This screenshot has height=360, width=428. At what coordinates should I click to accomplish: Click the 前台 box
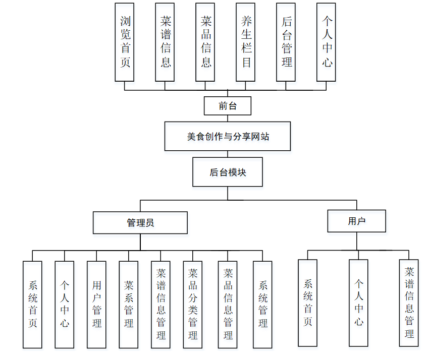pos(227,106)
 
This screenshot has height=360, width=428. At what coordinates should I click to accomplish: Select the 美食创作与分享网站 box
pos(227,136)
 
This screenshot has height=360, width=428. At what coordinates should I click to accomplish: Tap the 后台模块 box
pos(227,172)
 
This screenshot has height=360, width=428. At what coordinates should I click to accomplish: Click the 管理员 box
pos(140,222)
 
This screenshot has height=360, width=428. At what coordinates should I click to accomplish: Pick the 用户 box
pos(356,221)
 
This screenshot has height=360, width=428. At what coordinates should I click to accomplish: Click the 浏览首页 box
pos(125,42)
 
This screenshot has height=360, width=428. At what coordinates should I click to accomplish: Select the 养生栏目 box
pos(246,42)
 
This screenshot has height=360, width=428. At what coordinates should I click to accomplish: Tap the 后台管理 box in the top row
pos(286,42)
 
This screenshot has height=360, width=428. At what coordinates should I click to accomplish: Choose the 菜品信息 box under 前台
pos(205,42)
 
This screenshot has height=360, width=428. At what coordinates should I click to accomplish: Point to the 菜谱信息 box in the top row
pos(165,42)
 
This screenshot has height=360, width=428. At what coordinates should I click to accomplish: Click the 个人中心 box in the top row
pos(327,42)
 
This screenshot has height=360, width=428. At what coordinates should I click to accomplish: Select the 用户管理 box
pos(96,305)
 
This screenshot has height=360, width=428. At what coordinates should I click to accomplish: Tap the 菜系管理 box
pos(129,305)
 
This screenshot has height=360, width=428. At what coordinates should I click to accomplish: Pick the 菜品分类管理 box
pos(192,305)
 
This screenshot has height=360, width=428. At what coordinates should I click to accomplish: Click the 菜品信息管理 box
pos(228,305)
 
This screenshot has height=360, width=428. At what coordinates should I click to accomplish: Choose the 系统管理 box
pos(262,305)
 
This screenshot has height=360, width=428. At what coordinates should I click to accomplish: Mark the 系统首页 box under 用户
pos(307,303)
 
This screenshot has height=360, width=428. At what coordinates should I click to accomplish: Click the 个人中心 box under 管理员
pos(65,305)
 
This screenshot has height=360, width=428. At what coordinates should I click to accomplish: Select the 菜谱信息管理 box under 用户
pos(409,303)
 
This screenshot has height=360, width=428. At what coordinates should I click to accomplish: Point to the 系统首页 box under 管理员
pos(33,305)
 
